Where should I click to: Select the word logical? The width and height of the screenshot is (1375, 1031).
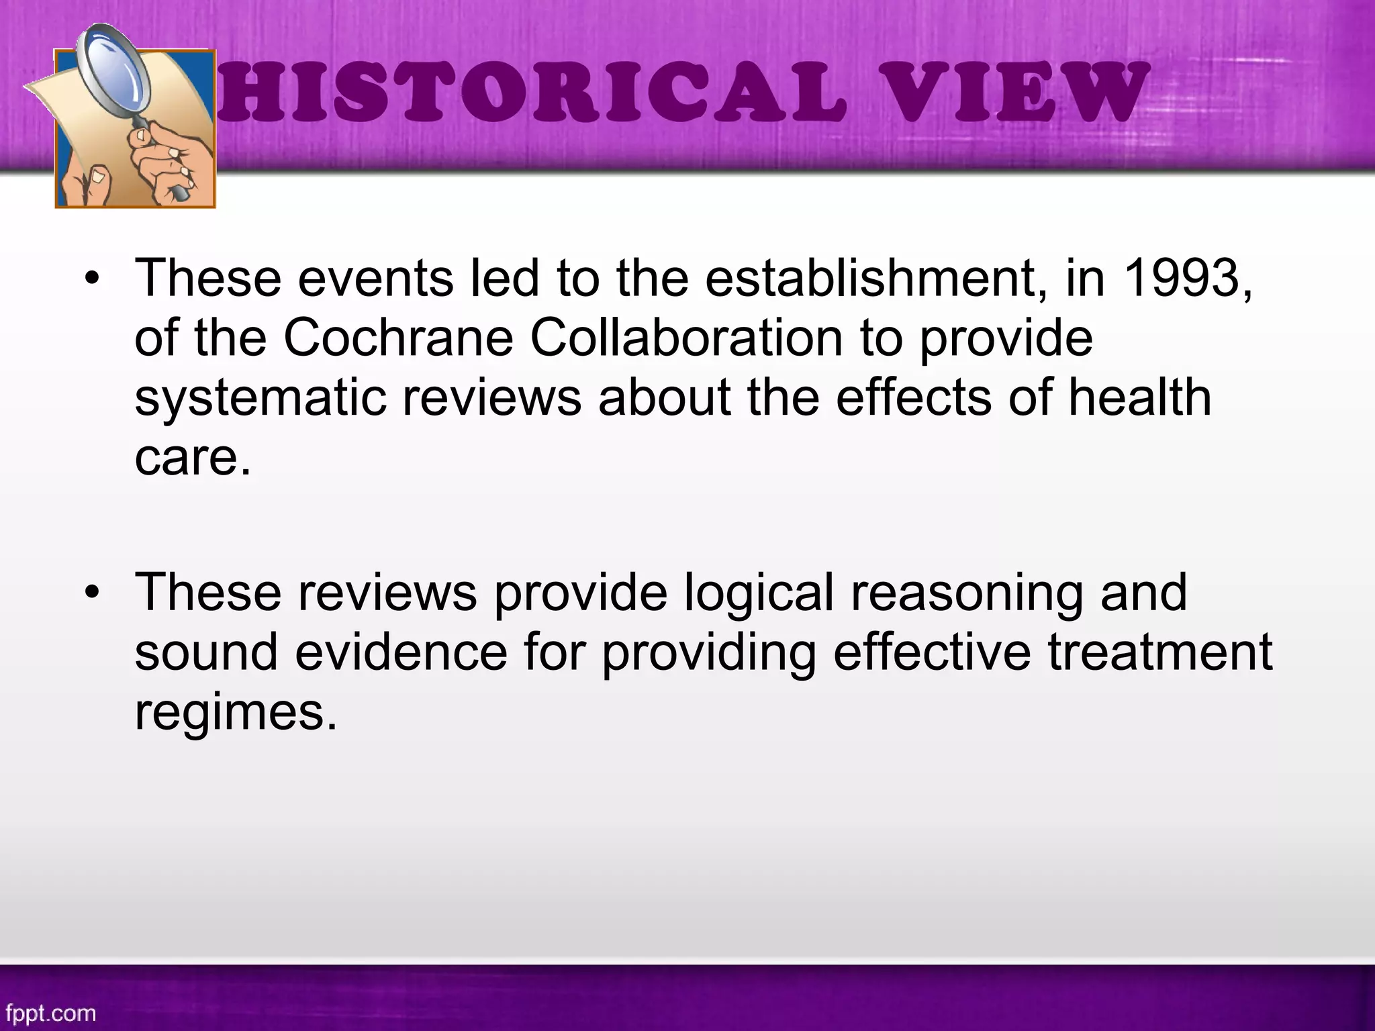pyautogui.click(x=759, y=592)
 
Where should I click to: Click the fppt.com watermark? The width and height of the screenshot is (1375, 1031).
pyautogui.click(x=51, y=1012)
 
